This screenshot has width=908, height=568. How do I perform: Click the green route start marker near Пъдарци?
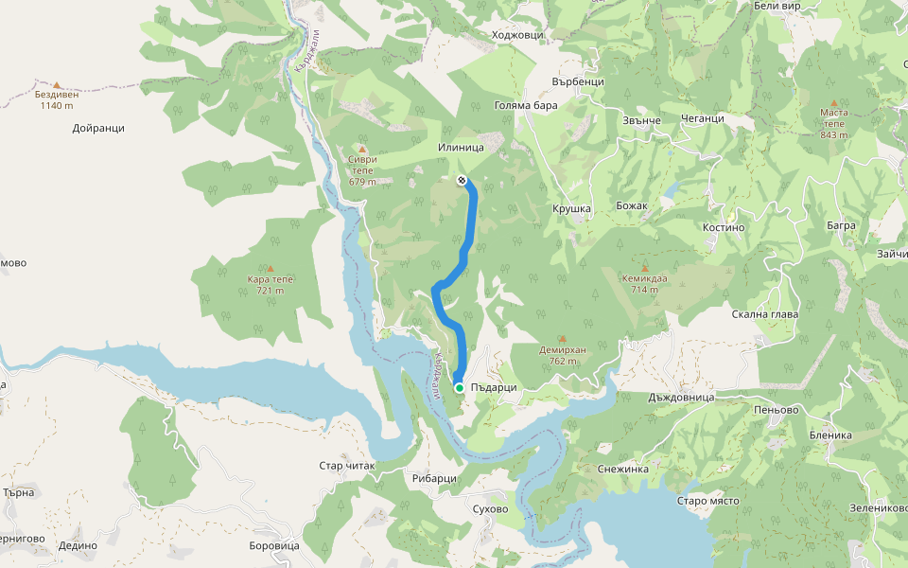(459, 388)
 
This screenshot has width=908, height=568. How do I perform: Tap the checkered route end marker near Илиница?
(461, 179)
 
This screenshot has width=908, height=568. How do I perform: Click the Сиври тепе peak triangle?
(361, 150)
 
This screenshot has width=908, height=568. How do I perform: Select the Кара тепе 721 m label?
(271, 285)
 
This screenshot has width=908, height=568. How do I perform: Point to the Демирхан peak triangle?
(563, 338)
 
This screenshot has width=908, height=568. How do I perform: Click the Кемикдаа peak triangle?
(645, 268)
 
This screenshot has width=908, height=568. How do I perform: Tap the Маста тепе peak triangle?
(833, 103)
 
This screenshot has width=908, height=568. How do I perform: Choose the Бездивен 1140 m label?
(57, 99)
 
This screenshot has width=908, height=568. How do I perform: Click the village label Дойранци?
(97, 128)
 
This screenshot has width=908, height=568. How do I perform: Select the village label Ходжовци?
(517, 35)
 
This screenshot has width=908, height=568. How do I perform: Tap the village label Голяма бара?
(527, 105)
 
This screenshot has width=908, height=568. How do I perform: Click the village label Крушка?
(571, 208)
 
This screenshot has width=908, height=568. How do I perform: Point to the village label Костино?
(725, 227)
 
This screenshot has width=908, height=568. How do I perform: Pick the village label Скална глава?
(765, 313)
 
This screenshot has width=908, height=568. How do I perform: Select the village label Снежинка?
(622, 468)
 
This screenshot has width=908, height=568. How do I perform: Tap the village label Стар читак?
(347, 466)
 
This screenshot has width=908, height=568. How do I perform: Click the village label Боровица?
(272, 545)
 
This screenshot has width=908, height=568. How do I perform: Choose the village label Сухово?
(490, 508)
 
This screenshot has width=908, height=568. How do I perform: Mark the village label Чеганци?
(702, 118)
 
